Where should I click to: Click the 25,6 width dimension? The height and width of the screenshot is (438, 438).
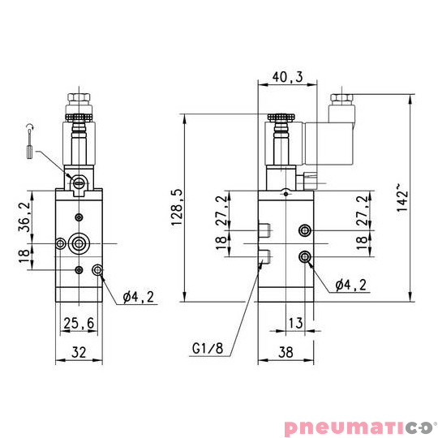point(79,323)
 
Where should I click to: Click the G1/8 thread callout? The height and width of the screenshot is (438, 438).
point(207,349)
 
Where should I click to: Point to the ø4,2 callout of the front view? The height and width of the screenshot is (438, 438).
point(138,297)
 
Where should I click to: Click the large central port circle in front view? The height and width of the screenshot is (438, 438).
point(79,243)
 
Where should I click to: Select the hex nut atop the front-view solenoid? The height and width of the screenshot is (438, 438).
point(79,102)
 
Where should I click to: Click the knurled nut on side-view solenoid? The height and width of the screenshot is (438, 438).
point(281,118)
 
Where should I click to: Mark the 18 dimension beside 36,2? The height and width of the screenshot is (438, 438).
point(24,255)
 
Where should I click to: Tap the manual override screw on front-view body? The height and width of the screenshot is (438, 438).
point(79,182)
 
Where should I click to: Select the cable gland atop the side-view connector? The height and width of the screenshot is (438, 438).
point(340,101)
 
